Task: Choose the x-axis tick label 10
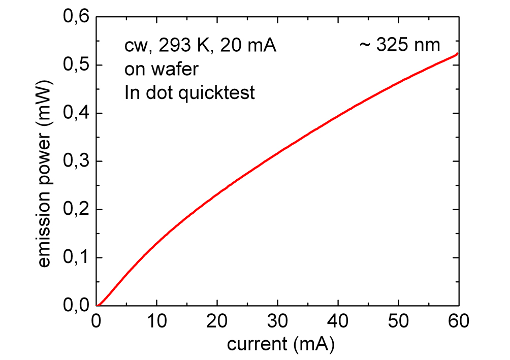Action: click(x=157, y=322)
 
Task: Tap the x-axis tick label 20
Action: click(x=217, y=322)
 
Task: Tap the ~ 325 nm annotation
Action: click(x=399, y=46)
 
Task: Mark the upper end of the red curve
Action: click(x=458, y=53)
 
